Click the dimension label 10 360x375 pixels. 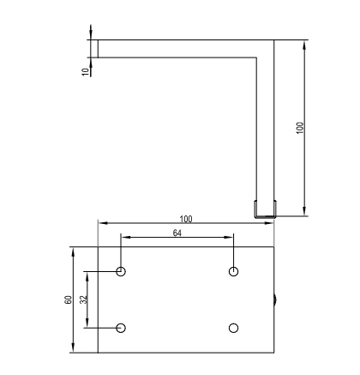click(x=86, y=72)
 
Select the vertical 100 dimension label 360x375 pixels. click(x=300, y=128)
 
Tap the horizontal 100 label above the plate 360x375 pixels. click(x=186, y=219)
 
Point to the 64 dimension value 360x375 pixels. click(x=177, y=233)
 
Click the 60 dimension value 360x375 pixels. click(x=69, y=299)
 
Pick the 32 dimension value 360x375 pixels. click(x=83, y=299)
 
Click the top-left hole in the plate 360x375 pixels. click(x=121, y=271)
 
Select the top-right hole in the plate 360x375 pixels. click(x=234, y=271)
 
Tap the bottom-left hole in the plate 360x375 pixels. click(x=121, y=328)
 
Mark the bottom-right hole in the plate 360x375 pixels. click(x=234, y=328)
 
